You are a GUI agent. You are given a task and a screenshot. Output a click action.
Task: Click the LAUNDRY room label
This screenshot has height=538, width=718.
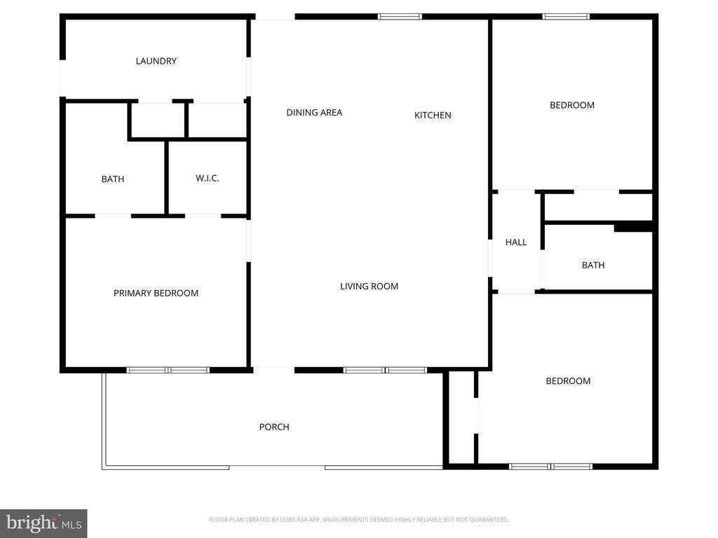coord(156,61)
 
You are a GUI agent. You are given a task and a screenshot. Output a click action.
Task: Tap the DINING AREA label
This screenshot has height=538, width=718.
coord(314,112)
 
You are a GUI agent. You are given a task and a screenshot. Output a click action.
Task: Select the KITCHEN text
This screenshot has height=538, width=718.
coord(433,115)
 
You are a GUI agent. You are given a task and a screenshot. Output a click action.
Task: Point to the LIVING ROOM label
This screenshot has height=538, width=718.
coord(369,286)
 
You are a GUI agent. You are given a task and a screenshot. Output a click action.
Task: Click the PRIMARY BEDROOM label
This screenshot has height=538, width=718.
coord(156,293)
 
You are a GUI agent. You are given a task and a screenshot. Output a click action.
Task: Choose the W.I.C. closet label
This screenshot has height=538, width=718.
coord(207,178)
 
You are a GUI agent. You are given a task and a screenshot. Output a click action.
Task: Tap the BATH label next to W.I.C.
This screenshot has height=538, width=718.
coord(112,179)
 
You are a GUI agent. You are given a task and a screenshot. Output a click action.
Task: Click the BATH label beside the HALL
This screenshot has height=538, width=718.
coord(592,265)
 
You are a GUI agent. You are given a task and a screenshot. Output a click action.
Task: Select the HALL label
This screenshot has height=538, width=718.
coord(515,242)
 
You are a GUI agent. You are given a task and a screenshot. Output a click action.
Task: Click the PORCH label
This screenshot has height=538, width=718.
coord(273,427)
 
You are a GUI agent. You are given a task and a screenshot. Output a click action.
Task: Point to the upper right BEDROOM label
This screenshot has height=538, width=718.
coord(571,105)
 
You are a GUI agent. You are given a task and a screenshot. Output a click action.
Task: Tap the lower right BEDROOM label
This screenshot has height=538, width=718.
coord(568,381)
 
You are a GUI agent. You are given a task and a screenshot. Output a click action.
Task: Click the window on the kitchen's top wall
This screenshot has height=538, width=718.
coord(400,16)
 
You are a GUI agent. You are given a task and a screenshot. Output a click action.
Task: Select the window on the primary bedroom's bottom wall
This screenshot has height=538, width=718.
coord(168,369)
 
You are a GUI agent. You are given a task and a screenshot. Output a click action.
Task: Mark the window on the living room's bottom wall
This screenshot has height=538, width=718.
coord(385,369)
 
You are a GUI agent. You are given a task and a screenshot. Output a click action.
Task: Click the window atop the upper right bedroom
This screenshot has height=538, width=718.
coord(566,16)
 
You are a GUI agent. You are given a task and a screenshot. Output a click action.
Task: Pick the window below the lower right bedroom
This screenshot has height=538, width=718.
coord(550,466)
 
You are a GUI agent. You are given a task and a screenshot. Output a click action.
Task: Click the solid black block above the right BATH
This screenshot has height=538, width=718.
coord(632,227)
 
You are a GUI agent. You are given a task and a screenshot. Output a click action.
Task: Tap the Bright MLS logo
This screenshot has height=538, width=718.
coord(43,523)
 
